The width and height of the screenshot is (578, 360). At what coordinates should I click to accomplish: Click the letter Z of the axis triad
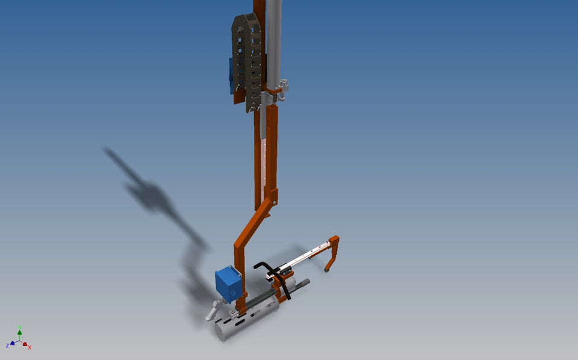pyautogui.click(x=7, y=346)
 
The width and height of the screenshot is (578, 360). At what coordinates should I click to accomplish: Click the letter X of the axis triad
pyautogui.click(x=30, y=347)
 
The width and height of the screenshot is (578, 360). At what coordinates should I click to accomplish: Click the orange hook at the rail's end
pyautogui.click(x=332, y=253)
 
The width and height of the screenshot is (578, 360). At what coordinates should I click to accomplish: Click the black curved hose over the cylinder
pyautogui.click(x=277, y=277)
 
